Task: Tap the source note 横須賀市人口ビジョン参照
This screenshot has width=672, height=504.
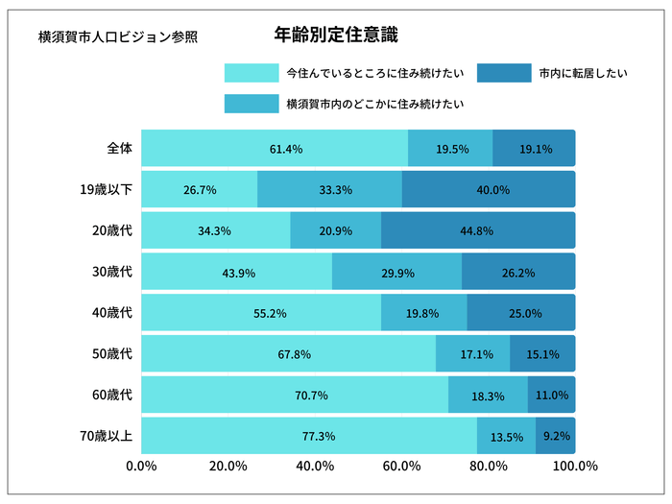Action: [x=118, y=37]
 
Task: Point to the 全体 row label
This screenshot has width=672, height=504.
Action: [x=119, y=149]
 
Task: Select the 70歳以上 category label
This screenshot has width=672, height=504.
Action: [x=108, y=436]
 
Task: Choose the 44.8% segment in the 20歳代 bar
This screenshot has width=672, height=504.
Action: [x=477, y=231]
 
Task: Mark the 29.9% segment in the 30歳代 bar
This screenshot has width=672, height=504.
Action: [x=397, y=273]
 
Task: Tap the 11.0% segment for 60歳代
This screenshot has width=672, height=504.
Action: [x=552, y=396]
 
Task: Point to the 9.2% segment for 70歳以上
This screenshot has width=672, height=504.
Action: [x=556, y=436]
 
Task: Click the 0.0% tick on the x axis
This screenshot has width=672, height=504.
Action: [x=142, y=467]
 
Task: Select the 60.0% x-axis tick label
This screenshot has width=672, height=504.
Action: [x=401, y=467]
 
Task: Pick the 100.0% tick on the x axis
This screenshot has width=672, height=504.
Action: [x=575, y=467]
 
